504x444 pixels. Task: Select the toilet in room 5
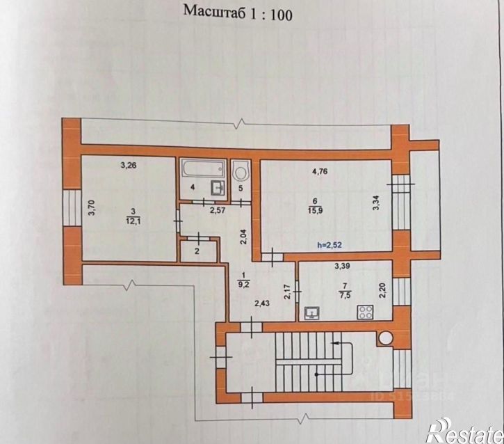(242, 170)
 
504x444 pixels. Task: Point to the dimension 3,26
(128, 166)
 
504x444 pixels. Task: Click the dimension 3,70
(90, 209)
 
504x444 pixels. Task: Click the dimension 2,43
(262, 302)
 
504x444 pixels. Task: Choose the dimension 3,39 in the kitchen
(343, 266)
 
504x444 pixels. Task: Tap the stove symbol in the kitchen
(364, 312)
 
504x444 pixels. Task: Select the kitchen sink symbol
(312, 312)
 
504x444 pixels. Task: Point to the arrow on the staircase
(336, 342)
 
